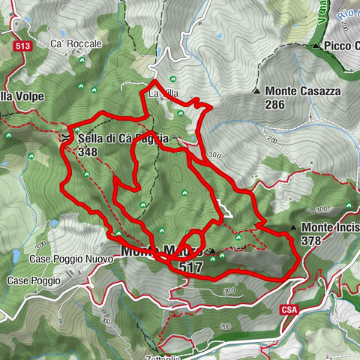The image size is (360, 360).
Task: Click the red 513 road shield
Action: click(x=22, y=46)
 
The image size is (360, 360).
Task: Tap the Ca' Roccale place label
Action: click(x=76, y=44)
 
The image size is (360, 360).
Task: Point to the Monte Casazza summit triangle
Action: click(x=256, y=91)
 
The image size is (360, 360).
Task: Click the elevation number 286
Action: click(x=274, y=104)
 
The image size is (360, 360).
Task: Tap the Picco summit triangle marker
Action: click(x=318, y=46)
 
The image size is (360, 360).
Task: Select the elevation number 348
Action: click(x=87, y=151)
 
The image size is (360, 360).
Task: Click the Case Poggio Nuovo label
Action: click(x=71, y=259)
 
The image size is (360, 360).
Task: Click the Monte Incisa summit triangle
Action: click(x=293, y=226)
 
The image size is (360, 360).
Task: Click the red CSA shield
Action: click(x=291, y=309)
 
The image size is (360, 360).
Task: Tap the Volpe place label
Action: click(x=22, y=96)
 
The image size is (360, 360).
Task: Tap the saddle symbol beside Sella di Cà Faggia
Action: click(x=68, y=138)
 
